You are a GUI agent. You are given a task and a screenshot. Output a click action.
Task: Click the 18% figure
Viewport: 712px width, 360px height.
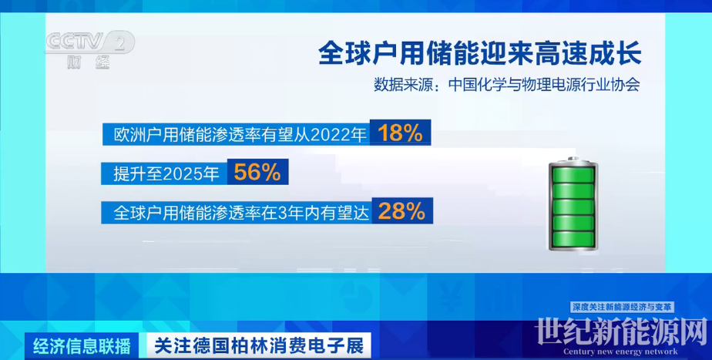tap(400, 133)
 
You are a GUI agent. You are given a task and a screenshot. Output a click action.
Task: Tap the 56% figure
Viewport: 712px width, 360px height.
tap(257, 172)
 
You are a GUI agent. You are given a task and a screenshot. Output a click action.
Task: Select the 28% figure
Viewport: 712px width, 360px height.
tap(401, 211)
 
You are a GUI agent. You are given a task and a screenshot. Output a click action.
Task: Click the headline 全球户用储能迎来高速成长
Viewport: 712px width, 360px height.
tap(479, 53)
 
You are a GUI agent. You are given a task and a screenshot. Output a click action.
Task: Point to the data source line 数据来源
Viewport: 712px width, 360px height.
tap(507, 85)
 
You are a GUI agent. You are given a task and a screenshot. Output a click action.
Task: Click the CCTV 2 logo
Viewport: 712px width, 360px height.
tap(90, 42)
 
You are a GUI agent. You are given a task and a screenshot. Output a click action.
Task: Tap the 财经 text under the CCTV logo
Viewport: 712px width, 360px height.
tap(89, 62)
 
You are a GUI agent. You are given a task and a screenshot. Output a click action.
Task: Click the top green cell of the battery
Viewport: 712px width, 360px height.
tap(573, 175)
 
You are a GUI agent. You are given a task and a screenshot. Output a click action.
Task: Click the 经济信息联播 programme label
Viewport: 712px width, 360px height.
tap(82, 346)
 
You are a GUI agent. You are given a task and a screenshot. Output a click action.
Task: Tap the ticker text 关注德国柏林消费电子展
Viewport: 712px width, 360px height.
tap(259, 346)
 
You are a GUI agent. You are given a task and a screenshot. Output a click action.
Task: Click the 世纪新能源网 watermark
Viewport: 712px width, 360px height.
tap(621, 331)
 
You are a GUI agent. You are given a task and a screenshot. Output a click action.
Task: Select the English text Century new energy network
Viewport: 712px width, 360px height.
tap(620, 352)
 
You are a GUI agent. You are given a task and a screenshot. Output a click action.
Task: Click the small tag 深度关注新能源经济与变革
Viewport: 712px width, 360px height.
tap(622, 308)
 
